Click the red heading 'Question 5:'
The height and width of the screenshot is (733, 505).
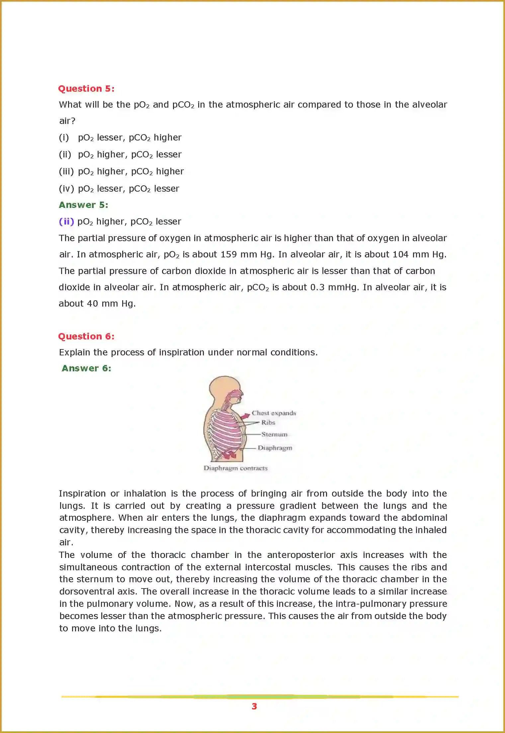coord(86,89)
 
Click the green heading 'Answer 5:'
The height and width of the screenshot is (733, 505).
coord(83,205)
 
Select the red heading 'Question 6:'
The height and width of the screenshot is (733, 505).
coord(86,336)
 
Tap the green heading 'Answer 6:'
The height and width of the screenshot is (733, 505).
coord(86,368)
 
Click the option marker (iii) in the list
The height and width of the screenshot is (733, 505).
coord(66,171)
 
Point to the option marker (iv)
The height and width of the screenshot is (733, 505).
coord(66,189)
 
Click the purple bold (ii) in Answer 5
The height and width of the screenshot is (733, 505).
coord(66,222)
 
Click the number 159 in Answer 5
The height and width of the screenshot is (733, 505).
coord(228,254)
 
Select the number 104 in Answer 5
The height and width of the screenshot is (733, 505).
coord(400,254)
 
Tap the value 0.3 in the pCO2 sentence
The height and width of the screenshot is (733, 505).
coord(317,287)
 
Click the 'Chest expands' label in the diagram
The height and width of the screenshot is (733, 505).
coord(274,413)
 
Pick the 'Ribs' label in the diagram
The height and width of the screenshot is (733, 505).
coord(268,422)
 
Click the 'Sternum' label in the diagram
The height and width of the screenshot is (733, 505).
coord(274,434)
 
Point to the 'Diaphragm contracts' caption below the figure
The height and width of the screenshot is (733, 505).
coord(235,468)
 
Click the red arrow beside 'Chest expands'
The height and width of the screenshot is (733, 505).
coord(245,416)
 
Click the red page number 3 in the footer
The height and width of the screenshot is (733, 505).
coord(254,706)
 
